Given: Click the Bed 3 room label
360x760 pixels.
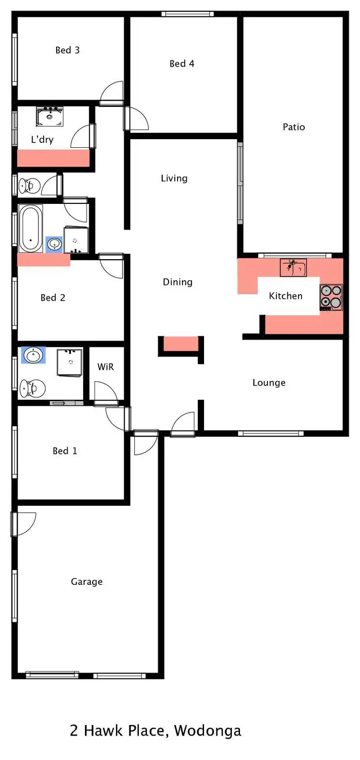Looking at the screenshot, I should coord(67,50).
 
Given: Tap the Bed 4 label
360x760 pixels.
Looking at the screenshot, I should coord(182,63).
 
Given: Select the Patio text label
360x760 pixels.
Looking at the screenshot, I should coord(294,127).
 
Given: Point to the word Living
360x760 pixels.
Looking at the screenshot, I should coord(174,178).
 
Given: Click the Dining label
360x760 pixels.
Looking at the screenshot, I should coord(178,282).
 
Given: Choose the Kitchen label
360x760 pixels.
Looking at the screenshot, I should coord(286,296).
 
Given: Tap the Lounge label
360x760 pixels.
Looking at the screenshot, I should coord(269,382).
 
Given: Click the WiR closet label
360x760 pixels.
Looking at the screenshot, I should coord(106,367).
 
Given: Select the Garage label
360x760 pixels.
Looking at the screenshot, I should coord(86,582).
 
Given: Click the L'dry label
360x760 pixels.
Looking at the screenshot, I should coord(42,140).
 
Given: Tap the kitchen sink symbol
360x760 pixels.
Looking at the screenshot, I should coord(293,268).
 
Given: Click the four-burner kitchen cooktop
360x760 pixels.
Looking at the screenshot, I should coord(331,297).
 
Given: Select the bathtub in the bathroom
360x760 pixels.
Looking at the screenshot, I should coord(31,229).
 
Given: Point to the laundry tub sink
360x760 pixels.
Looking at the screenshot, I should coord(49,117).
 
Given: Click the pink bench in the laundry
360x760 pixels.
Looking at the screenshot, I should coord(53,158).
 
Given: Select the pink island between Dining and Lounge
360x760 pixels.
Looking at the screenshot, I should coord(181,344).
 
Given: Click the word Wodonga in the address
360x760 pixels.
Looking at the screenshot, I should coord(207,730).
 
